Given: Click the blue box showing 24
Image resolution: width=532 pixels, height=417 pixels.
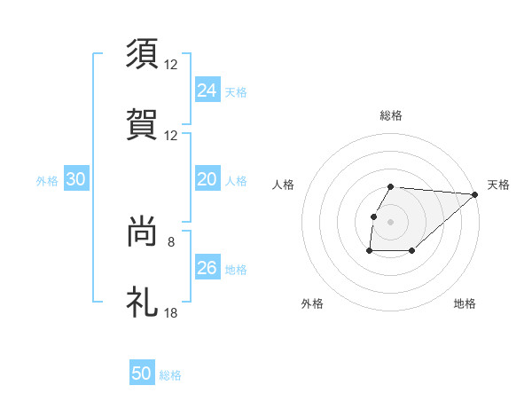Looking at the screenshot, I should pos(207,90).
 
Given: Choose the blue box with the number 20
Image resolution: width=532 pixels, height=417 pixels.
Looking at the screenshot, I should pos(207,179).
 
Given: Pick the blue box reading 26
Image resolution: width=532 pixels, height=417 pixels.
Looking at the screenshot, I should pos(207,268).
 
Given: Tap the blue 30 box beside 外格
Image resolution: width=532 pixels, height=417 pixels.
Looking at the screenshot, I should pos(76,179).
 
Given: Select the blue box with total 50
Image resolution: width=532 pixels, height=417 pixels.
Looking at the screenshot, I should pos(142,374).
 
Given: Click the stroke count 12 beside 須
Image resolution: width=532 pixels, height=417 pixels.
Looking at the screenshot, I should pos(171,65).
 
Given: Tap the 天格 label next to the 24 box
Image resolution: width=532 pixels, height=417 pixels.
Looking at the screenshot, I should pos(236,92).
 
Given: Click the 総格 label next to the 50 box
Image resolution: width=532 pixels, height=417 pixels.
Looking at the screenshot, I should pos(170,375).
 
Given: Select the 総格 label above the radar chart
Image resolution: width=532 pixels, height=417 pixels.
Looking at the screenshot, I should pos(391,115).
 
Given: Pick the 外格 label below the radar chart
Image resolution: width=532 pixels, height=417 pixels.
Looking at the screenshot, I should pos(312,303).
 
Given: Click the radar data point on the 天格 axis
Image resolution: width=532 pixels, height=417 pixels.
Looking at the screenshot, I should pos(475,194).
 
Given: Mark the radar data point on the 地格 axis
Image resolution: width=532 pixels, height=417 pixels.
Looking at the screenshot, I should pos(412,251).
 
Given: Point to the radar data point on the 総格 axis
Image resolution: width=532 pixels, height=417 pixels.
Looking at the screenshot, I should pos(391,186).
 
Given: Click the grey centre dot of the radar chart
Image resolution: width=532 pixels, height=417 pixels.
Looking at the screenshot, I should pos(391,221).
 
